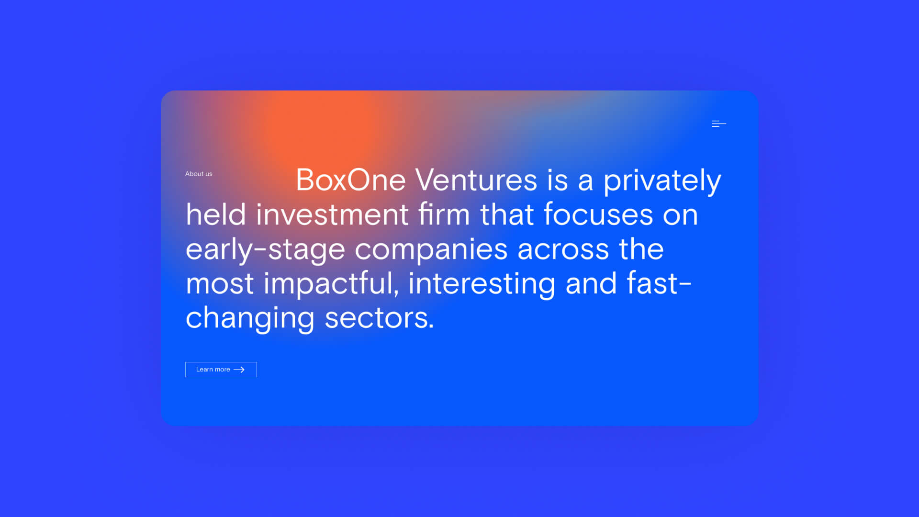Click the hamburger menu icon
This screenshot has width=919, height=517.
pos(719,124)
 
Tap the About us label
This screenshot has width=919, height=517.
pos(199,174)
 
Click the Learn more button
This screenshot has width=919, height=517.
pos(221,370)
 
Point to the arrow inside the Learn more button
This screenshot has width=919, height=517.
pos(239,370)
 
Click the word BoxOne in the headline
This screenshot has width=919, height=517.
pos(351,180)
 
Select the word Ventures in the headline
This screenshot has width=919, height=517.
pos(476,180)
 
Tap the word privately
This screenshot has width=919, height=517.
pos(662,181)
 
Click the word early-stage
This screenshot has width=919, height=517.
pos(265,250)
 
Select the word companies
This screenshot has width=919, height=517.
pos(431,250)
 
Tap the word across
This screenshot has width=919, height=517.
pos(563,249)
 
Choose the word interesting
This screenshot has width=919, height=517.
pos(482,284)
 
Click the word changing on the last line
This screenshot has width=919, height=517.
pos(250,318)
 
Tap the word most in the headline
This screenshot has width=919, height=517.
pos(220,284)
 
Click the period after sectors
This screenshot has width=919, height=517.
pos(431,327)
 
